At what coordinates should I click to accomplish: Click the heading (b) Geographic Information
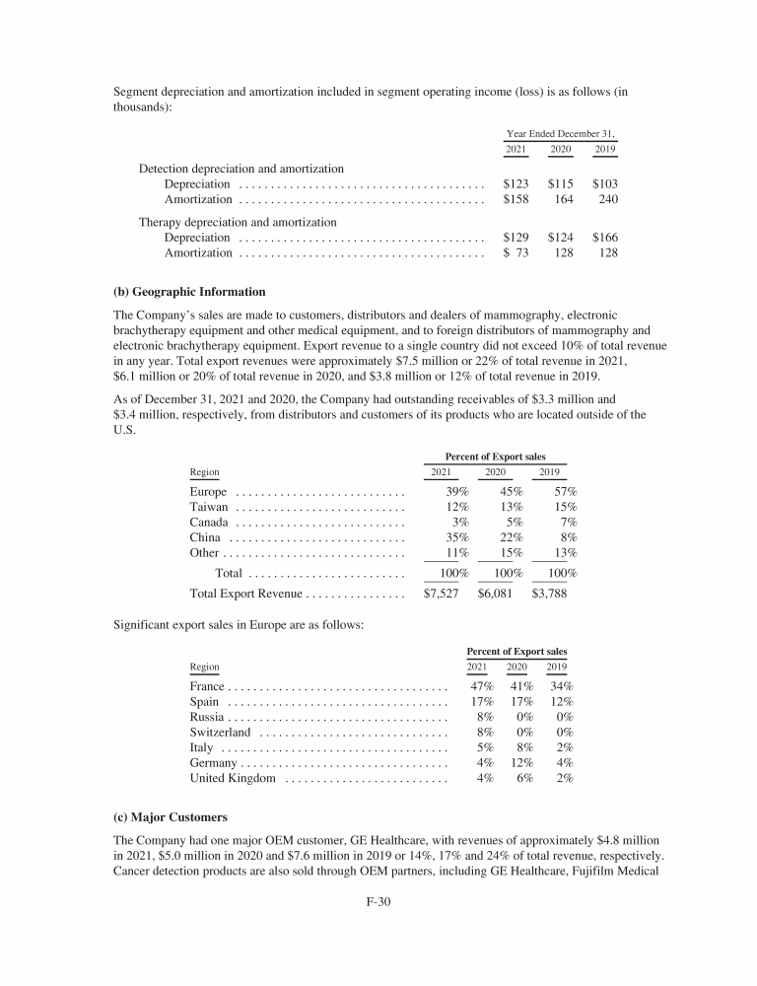[190, 292]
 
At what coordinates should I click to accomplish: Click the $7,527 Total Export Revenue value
[441, 595]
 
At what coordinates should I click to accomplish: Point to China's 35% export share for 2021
[455, 537]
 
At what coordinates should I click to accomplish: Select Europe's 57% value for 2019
[565, 492]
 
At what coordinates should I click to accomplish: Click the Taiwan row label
[208, 507]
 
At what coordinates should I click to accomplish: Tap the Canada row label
[209, 523]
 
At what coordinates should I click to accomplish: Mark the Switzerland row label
[221, 733]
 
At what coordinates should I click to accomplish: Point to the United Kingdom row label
[233, 779]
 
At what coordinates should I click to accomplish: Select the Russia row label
[207, 717]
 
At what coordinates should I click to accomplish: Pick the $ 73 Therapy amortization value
[516, 253]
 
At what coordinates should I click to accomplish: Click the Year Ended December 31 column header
[567, 133]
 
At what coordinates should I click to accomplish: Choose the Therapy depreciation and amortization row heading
[238, 222]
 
